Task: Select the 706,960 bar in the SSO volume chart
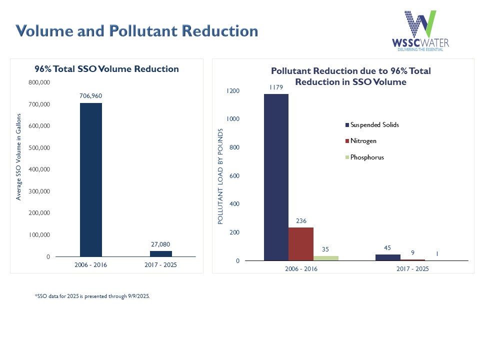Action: tap(91, 179)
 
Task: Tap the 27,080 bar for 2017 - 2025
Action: tap(161, 253)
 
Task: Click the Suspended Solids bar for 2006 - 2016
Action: tap(276, 177)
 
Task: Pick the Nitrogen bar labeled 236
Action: tap(301, 244)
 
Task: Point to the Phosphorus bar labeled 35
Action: tap(325, 258)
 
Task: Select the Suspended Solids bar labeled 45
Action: tap(388, 257)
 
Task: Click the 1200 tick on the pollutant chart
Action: tap(232, 91)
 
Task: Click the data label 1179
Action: tap(276, 87)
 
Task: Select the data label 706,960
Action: tap(90, 95)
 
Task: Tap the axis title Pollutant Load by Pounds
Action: tap(220, 176)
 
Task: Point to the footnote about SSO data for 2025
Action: tap(92, 296)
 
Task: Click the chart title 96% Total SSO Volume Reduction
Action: tap(106, 69)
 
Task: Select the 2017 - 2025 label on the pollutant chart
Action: tap(412, 268)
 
